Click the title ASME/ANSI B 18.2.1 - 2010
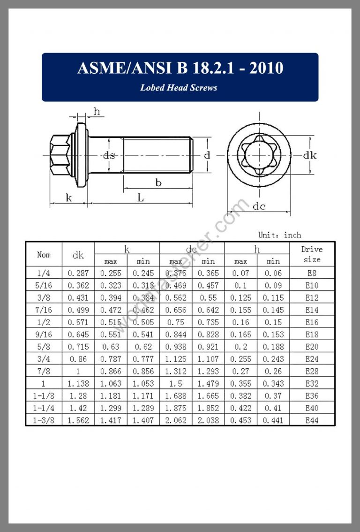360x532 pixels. click(x=180, y=68)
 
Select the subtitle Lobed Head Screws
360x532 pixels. click(x=179, y=88)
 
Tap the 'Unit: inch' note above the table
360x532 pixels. click(x=279, y=235)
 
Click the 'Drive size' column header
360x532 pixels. click(x=312, y=254)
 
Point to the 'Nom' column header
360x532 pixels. click(x=44, y=255)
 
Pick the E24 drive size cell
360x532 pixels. click(x=312, y=359)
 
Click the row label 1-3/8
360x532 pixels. click(x=44, y=420)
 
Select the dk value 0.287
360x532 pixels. click(x=78, y=273)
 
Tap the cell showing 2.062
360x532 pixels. click(x=176, y=420)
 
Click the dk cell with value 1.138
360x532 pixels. click(x=78, y=384)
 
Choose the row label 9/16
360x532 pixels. click(x=44, y=334)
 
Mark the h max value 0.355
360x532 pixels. click(x=240, y=384)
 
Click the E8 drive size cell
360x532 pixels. click(x=312, y=273)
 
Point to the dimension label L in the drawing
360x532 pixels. click(x=141, y=198)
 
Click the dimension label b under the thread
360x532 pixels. click(x=158, y=183)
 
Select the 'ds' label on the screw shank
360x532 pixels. click(x=109, y=155)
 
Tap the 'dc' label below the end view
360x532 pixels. click(x=259, y=206)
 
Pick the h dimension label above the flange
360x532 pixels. click(x=97, y=112)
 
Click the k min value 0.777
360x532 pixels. click(x=143, y=359)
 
